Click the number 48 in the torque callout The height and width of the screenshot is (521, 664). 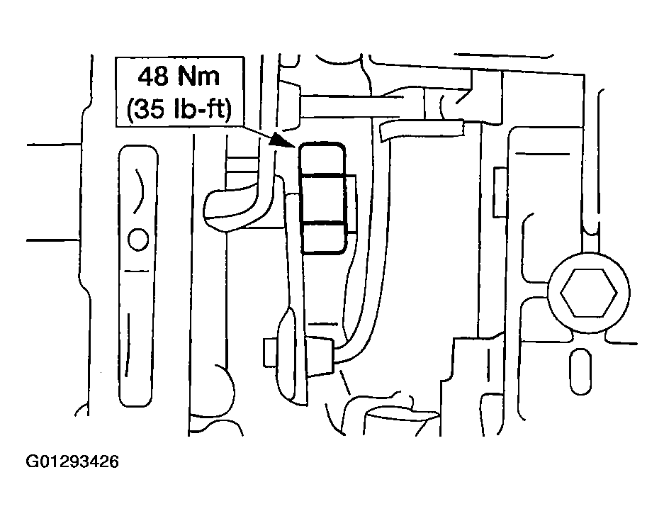154,77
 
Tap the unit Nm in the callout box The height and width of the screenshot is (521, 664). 199,77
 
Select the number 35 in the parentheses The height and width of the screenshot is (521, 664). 152,109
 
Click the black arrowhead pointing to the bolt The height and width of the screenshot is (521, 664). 281,139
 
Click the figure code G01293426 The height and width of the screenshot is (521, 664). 72,461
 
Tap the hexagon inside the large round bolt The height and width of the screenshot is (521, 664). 589,293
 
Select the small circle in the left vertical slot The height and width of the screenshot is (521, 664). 138,240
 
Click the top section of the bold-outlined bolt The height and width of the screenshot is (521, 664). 322,159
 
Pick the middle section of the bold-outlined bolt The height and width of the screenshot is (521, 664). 322,198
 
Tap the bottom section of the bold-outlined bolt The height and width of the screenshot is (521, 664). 324,237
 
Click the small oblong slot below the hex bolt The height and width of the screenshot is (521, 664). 580,372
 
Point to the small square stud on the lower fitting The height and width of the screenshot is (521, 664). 270,352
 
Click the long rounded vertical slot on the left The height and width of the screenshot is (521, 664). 138,275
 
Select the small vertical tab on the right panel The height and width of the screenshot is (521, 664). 500,192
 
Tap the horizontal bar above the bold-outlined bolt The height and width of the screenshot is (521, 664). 351,106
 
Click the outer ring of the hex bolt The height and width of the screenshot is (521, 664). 589,254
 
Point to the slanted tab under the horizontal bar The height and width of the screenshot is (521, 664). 422,130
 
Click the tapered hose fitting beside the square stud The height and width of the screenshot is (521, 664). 320,351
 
